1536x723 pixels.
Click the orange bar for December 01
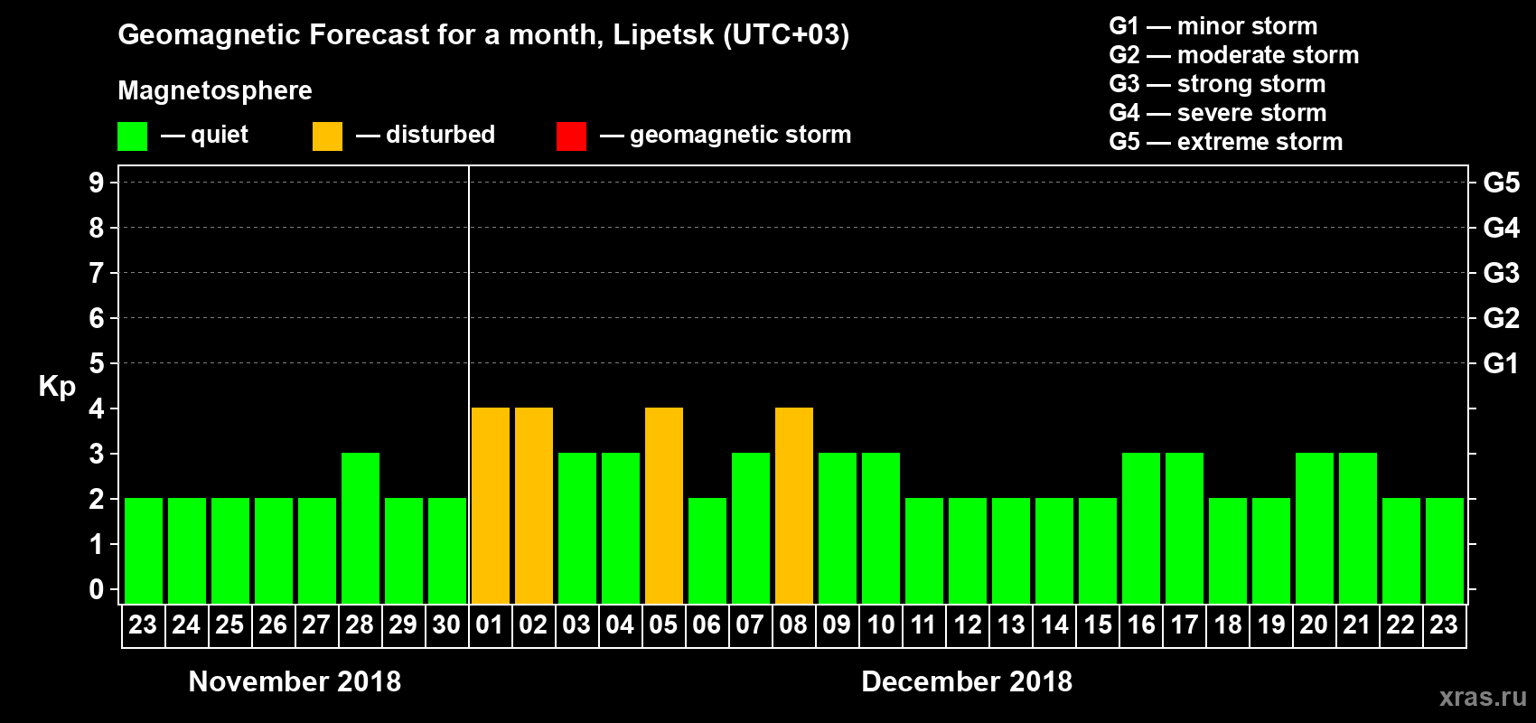[491, 506]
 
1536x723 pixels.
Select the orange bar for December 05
[664, 506]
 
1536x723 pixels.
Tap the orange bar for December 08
[794, 506]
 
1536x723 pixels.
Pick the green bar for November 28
[361, 529]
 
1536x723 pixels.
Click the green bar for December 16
[1141, 529]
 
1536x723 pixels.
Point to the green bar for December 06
[707, 551]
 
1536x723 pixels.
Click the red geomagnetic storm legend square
[571, 136]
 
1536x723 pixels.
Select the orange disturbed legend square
[327, 136]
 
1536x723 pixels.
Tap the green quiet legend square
[132, 136]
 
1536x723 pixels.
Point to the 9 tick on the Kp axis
[97, 183]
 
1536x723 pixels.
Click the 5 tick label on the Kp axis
[97, 363]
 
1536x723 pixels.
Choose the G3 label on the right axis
[1501, 273]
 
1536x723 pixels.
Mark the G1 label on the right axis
[1501, 363]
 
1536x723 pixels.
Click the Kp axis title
[57, 387]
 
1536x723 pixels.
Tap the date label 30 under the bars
[446, 625]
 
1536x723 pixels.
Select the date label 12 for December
[968, 625]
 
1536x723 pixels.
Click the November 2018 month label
[295, 681]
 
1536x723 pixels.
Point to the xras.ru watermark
[1482, 697]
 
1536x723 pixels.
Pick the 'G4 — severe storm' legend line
[1217, 113]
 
